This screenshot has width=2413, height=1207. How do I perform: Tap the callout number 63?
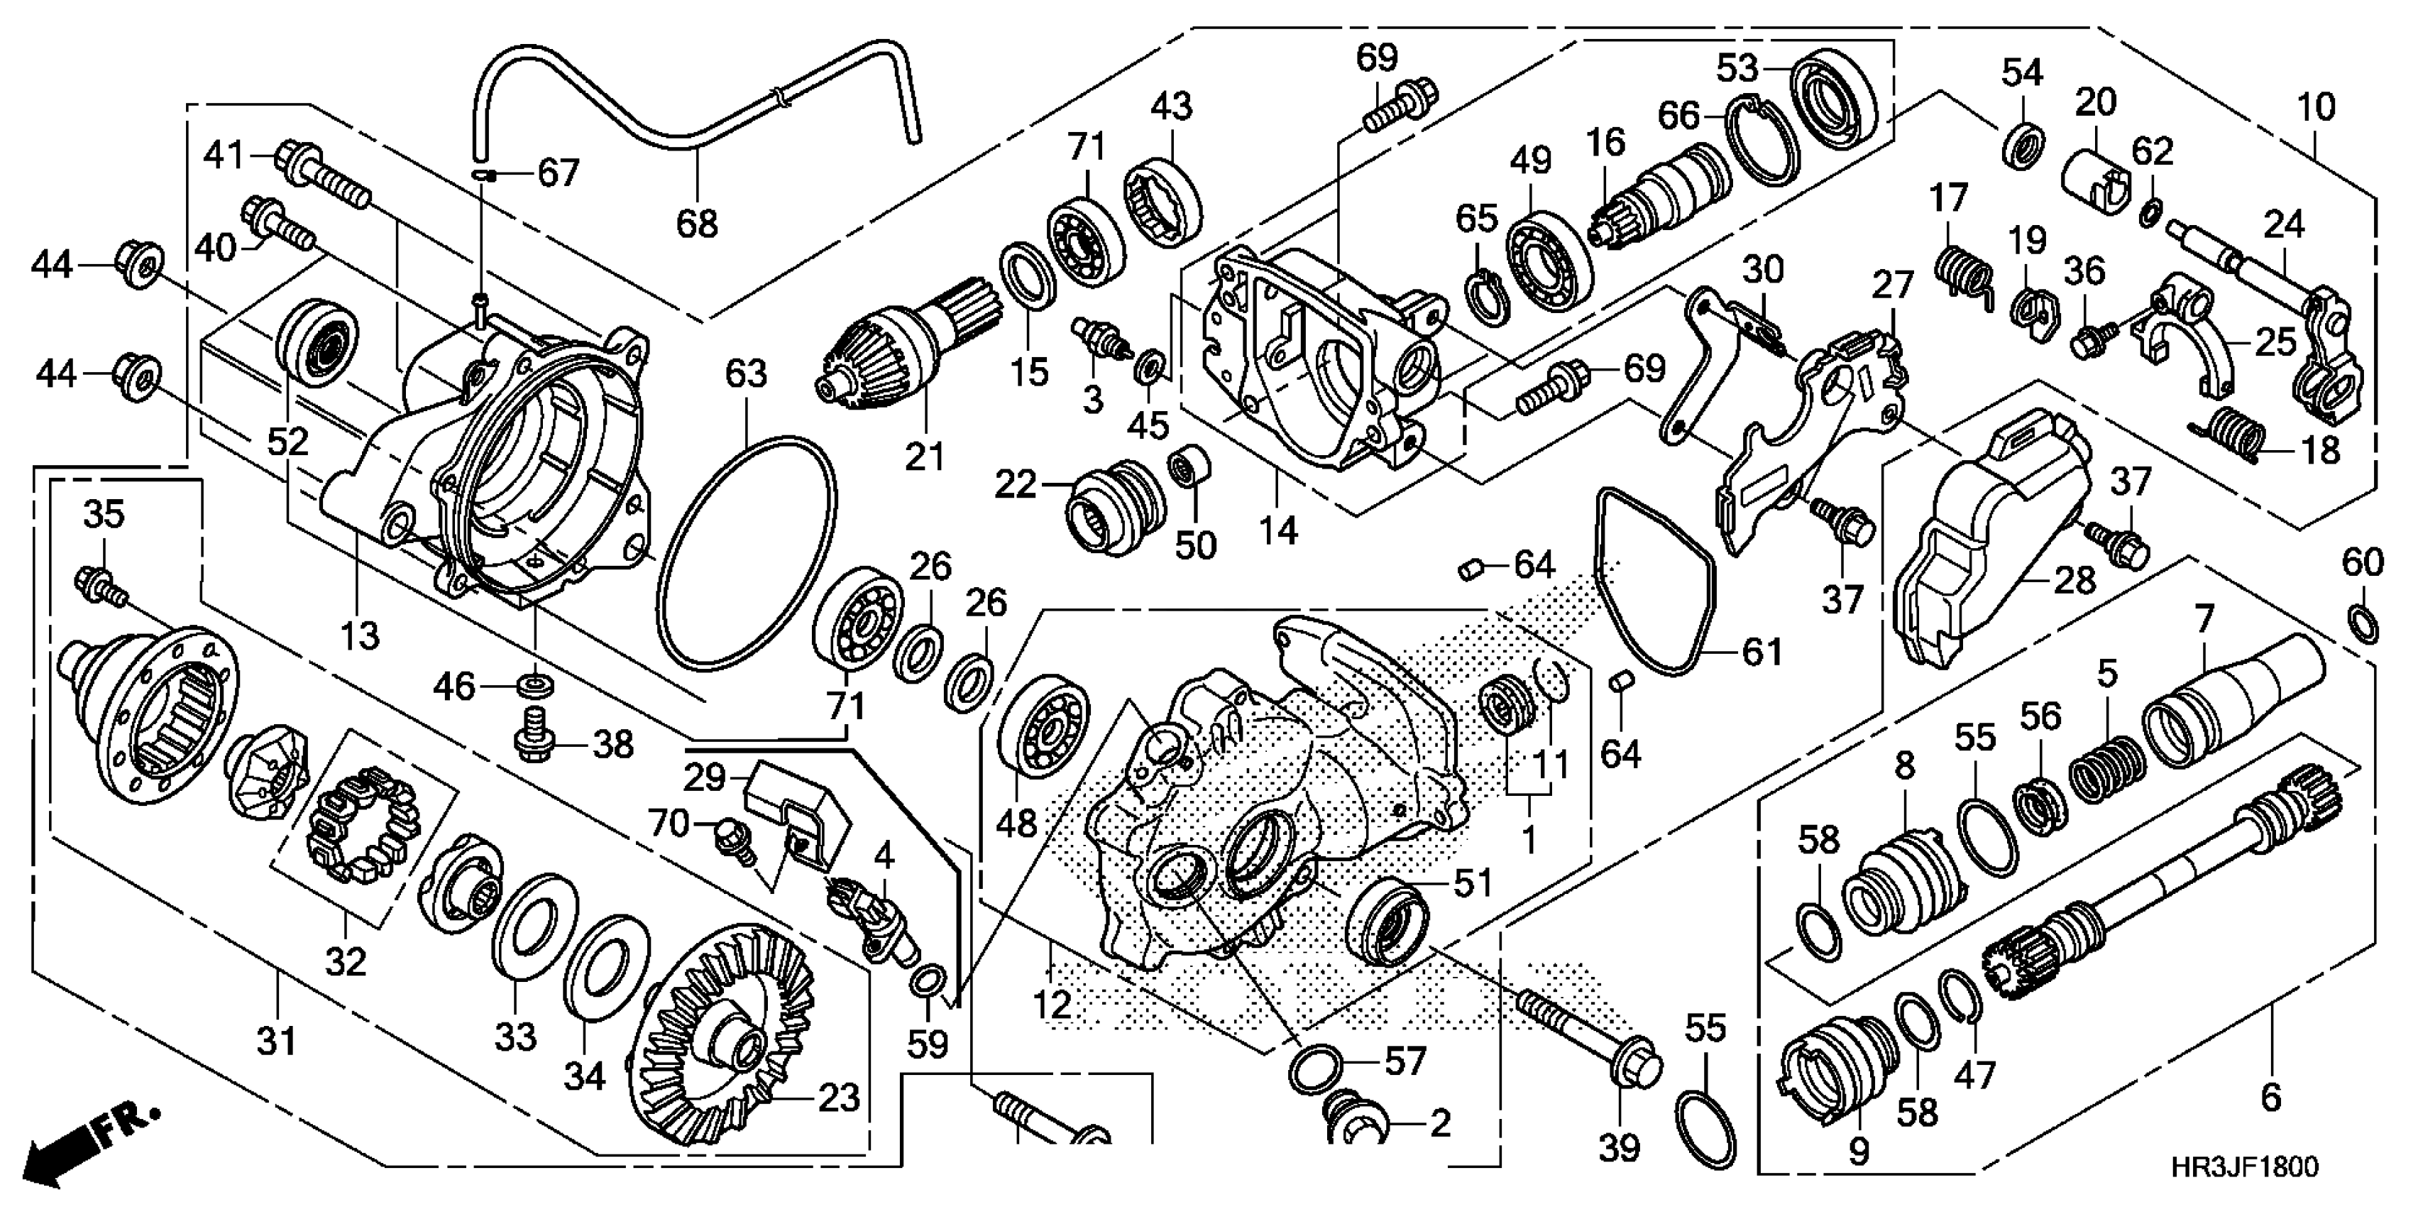click(747, 374)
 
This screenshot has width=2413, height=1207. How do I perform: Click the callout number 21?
click(925, 457)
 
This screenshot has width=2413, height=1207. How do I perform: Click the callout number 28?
click(2074, 581)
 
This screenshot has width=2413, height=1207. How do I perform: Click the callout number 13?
click(361, 636)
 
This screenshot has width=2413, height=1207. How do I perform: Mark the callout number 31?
click(277, 1041)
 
